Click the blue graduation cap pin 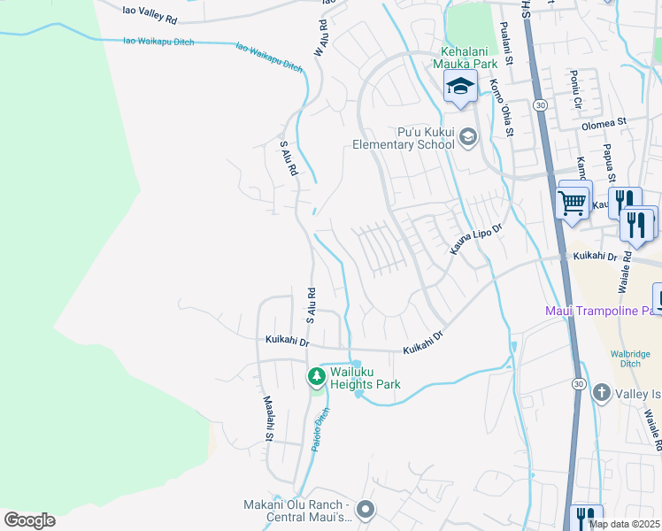tap(460, 87)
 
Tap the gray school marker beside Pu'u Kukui tap(467, 136)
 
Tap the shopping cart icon tap(573, 202)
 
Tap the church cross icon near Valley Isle tap(601, 392)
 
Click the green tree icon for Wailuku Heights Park tap(316, 377)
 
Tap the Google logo tap(29, 520)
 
